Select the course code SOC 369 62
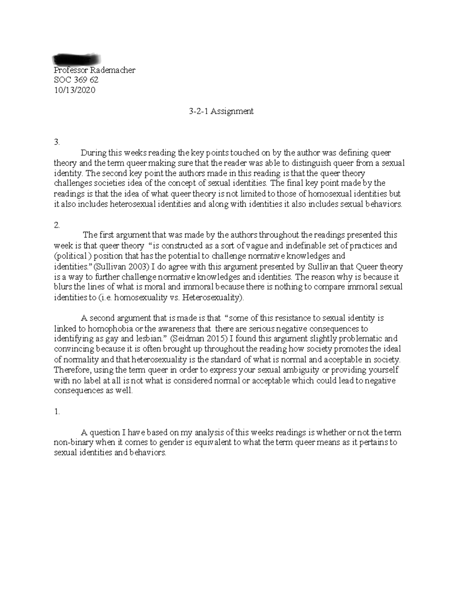[x=76, y=80]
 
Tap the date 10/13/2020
[x=75, y=90]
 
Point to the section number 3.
[x=57, y=142]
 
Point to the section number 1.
[x=57, y=412]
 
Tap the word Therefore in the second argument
[x=72, y=370]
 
